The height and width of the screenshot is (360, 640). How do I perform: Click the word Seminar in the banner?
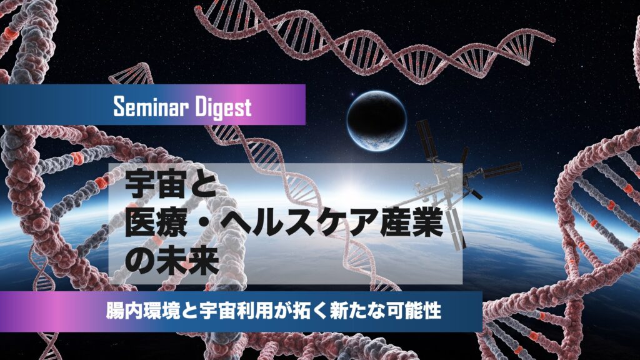click(x=149, y=106)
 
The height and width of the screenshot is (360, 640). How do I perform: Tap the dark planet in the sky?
click(x=377, y=121)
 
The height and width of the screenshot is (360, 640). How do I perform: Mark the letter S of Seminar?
click(x=118, y=107)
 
